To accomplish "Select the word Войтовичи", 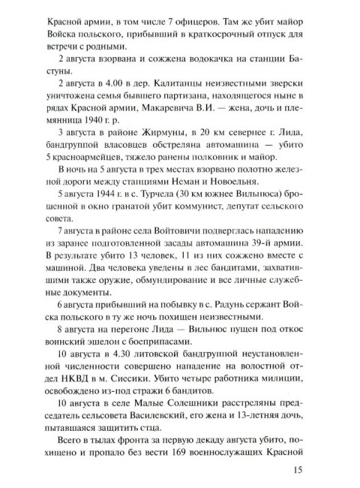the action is click(x=170, y=245).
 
